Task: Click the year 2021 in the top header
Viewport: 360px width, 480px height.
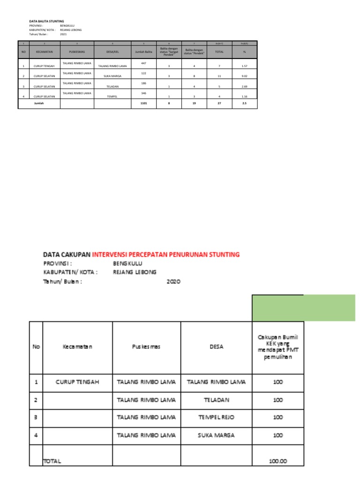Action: tap(63, 34)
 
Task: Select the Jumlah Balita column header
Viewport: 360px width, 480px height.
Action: tap(144, 52)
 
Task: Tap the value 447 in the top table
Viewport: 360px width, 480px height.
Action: tap(144, 62)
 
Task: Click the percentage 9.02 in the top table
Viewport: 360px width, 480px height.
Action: tap(244, 76)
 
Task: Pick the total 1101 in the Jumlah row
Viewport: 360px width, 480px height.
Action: tap(144, 103)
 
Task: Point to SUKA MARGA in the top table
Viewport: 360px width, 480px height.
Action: tap(110, 76)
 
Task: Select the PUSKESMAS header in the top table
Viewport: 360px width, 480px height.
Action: tap(77, 52)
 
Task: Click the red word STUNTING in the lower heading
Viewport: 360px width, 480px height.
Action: tap(223, 255)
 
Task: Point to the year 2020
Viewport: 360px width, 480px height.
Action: tap(173, 282)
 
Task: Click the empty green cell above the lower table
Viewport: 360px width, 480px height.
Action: tap(303, 308)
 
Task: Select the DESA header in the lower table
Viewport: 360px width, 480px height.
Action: tap(216, 347)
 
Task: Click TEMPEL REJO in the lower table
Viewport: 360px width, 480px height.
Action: tap(216, 417)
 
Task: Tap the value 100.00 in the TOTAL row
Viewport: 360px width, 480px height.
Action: tap(278, 461)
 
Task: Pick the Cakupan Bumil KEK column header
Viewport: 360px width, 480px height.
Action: tap(278, 347)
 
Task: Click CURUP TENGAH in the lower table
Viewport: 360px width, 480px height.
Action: tap(77, 382)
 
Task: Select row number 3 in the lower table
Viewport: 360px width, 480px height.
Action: tap(36, 417)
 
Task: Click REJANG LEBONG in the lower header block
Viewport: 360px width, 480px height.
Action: tap(135, 272)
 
